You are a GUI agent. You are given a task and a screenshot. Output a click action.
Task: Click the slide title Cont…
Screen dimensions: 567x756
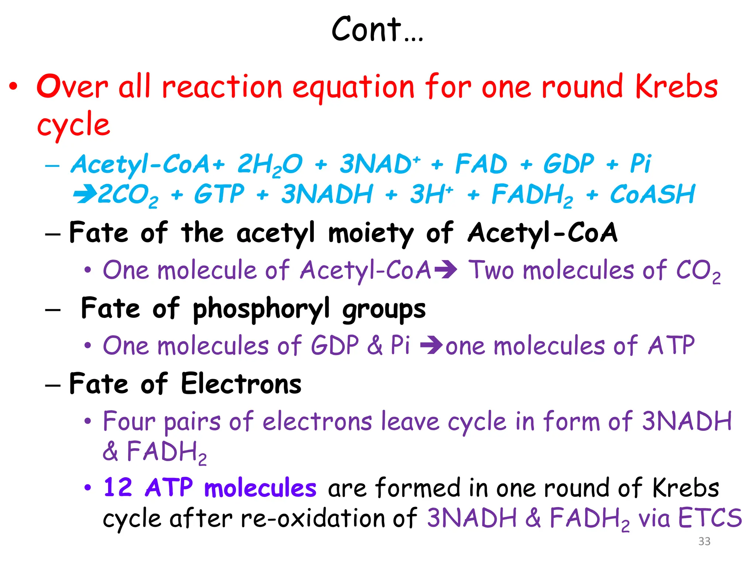click(377, 30)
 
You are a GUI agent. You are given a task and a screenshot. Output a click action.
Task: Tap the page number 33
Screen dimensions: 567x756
click(704, 541)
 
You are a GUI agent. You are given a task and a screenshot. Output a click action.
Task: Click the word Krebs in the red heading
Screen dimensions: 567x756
click(677, 87)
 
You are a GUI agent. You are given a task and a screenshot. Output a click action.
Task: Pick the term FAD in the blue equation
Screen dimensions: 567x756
click(481, 164)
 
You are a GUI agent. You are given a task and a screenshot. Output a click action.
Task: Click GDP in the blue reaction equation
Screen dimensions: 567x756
click(568, 164)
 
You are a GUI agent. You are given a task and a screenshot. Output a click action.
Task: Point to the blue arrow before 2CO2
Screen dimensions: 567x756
click(85, 194)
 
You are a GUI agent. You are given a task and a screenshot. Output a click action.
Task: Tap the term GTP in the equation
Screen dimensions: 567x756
click(219, 194)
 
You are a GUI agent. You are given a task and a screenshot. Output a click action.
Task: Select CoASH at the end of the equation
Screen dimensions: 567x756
click(652, 194)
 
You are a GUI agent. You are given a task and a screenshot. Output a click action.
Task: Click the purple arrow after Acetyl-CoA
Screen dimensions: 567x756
click(446, 270)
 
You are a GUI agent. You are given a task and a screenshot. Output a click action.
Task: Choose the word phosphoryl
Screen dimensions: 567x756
click(261, 309)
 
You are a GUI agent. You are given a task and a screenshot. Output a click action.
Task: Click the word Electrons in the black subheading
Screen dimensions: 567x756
click(241, 384)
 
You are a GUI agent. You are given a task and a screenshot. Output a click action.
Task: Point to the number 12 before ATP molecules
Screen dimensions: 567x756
click(118, 487)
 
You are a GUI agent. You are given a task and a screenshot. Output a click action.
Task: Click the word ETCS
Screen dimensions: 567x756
click(710, 518)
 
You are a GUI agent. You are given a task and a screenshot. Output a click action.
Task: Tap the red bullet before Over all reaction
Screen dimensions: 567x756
click(14, 87)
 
